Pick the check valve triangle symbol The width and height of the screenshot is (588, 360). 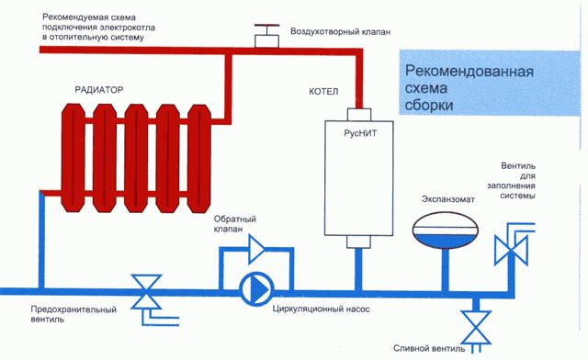[x=265, y=247]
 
